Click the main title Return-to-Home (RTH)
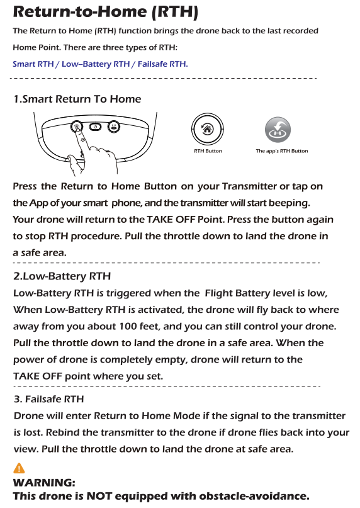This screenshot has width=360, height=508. click(x=105, y=11)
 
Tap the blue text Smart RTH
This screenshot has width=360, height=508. click(x=33, y=64)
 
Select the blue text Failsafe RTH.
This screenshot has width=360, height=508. click(x=162, y=64)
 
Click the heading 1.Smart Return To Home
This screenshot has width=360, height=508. click(x=77, y=99)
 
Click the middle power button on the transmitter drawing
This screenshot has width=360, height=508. click(x=95, y=127)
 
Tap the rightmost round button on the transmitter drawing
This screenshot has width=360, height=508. click(x=114, y=127)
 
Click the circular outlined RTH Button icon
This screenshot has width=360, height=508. click(x=208, y=129)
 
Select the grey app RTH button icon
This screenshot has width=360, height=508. click(x=278, y=130)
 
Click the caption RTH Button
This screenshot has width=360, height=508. click(x=208, y=151)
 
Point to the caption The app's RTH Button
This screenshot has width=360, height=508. click(x=282, y=151)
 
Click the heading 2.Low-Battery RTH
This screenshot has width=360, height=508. click(x=62, y=276)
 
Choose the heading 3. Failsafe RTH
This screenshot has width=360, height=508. click(x=49, y=399)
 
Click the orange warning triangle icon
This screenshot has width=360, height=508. click(x=19, y=468)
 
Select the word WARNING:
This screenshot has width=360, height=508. click(x=44, y=482)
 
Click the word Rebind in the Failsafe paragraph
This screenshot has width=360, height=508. click(x=62, y=432)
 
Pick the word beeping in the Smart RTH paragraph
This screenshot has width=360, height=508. click(x=289, y=203)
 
